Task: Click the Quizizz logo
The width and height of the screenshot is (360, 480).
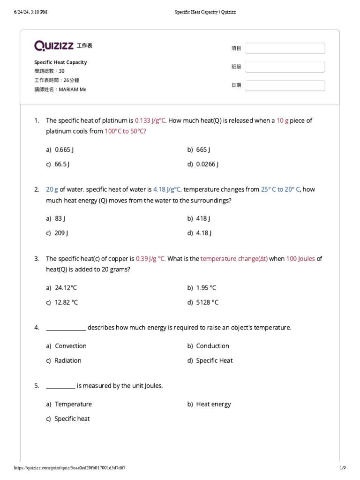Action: click(x=54, y=45)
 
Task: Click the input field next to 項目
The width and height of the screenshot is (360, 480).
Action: click(x=285, y=48)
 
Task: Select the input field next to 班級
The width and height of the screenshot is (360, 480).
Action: click(x=285, y=67)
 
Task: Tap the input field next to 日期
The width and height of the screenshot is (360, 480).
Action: click(x=285, y=85)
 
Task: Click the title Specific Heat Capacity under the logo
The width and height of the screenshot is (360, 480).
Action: click(x=60, y=62)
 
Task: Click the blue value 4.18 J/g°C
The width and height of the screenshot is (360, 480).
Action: click(x=167, y=189)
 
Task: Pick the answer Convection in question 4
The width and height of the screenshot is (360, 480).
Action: click(x=70, y=346)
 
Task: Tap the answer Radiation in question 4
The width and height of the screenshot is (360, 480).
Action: click(x=68, y=360)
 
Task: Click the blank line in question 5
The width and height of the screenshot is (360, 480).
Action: click(x=60, y=387)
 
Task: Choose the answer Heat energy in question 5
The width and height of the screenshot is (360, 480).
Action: click(x=213, y=404)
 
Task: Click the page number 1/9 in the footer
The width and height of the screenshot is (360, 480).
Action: click(x=342, y=468)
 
